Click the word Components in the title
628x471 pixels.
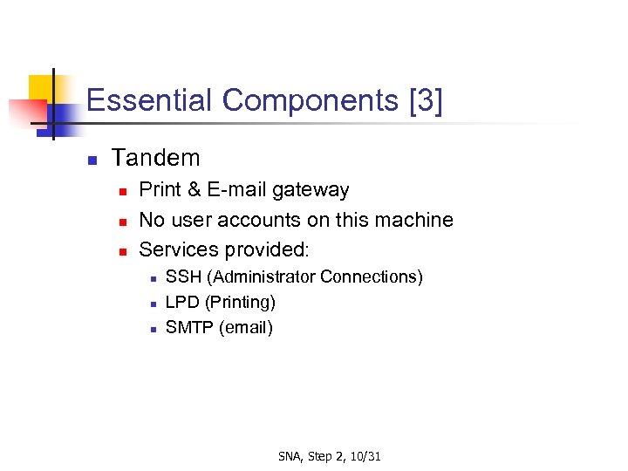311,101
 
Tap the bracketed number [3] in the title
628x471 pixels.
426,101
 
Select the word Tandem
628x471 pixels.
156,158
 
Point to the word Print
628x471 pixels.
159,190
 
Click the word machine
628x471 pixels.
414,220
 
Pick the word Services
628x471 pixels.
178,249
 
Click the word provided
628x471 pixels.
266,249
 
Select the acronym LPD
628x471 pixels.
181,303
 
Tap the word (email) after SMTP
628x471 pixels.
245,328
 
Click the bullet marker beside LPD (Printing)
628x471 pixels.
152,304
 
